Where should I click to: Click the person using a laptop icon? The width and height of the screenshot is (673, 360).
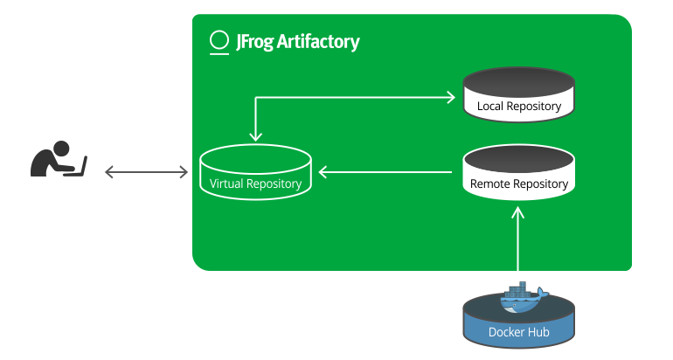tap(58, 159)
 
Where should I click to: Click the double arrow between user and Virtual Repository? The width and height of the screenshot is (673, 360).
tap(146, 172)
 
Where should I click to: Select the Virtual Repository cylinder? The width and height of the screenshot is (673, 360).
tap(255, 173)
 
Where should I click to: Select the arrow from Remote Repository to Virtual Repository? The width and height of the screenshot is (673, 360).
tap(388, 172)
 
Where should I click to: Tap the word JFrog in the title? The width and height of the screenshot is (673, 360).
tap(254, 41)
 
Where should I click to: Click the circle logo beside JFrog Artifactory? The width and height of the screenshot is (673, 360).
tap(219, 42)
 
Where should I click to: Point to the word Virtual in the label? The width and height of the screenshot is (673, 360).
tap(226, 183)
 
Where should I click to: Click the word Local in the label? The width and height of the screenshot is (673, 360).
tap(491, 107)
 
